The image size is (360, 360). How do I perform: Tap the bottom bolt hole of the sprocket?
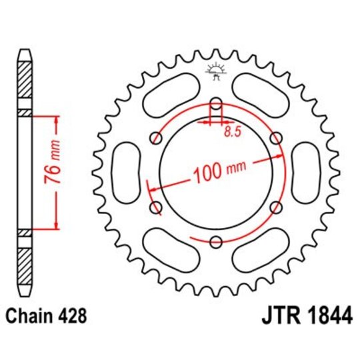click(216, 242)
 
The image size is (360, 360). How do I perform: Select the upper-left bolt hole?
click(157, 138)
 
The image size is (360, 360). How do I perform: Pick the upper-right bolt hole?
click(276, 138)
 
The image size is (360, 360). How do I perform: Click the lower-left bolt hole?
click(157, 207)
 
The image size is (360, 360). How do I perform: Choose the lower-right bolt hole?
click(276, 207)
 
